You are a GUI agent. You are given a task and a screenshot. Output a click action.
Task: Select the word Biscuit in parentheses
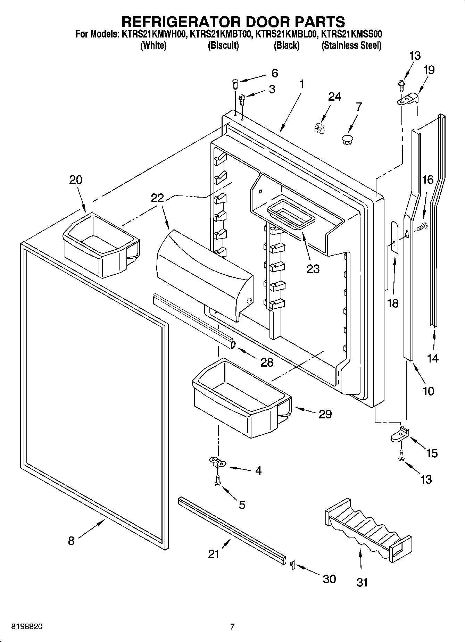click(x=223, y=45)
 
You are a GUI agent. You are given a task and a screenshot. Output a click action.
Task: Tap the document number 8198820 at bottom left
click(x=27, y=627)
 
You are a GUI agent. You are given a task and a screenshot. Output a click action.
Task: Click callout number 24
click(x=334, y=97)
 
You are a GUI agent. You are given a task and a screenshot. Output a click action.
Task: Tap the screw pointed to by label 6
click(x=235, y=83)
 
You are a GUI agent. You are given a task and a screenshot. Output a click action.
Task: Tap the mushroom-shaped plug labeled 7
click(x=347, y=140)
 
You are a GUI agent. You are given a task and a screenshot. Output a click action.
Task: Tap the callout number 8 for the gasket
click(x=71, y=541)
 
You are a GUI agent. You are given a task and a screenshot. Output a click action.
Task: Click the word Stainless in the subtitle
click(x=339, y=45)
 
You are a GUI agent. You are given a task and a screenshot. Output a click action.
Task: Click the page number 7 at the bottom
click(x=232, y=627)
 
